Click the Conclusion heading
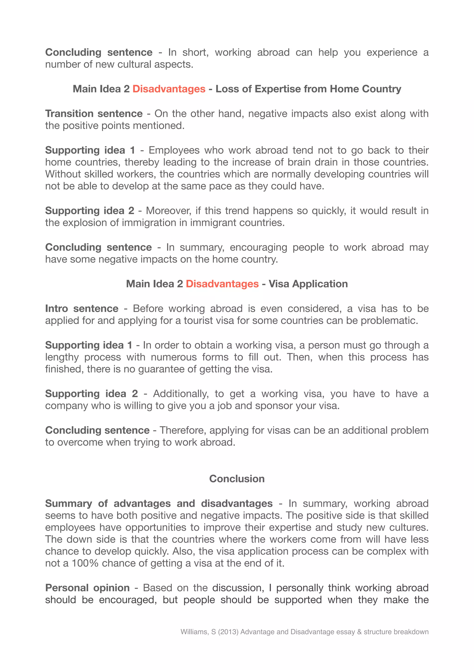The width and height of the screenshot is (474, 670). click(237, 479)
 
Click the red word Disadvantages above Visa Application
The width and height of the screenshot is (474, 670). click(222, 284)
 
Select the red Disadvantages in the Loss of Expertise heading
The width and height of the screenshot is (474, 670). click(169, 89)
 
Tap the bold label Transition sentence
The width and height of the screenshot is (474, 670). click(94, 113)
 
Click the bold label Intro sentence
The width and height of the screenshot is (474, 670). click(81, 308)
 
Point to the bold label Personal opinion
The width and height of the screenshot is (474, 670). click(87, 587)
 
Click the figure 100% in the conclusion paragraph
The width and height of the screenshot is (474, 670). click(85, 563)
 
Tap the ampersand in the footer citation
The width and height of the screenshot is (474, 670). click(359, 632)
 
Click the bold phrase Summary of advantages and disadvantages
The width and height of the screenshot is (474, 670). click(159, 503)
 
